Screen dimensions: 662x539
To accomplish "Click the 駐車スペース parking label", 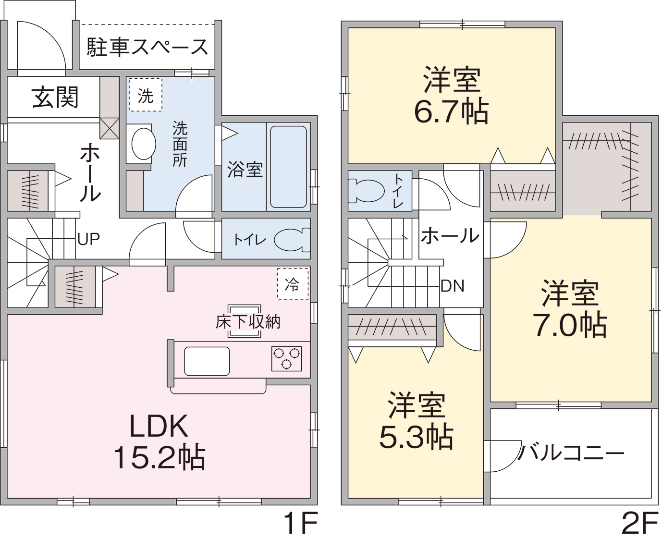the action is (x=147, y=47).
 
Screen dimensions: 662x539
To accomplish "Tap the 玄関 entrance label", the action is (x=55, y=98).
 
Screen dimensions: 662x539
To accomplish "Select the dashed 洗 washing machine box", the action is (x=146, y=95).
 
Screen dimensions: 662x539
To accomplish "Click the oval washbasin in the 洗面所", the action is (x=143, y=144).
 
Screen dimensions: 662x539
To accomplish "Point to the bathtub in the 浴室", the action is (x=288, y=167).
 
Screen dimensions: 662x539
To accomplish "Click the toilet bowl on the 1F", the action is (x=292, y=240).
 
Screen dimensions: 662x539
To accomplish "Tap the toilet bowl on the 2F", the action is (x=367, y=191).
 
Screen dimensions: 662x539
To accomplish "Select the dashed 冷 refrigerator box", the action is (x=293, y=284).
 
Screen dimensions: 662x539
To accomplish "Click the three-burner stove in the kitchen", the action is (x=286, y=358).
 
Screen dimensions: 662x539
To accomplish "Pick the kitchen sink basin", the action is (x=207, y=361).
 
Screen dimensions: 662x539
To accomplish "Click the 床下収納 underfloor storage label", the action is (x=248, y=322).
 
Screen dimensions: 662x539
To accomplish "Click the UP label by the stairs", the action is (x=88, y=239).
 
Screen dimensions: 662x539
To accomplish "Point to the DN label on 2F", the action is (x=453, y=286).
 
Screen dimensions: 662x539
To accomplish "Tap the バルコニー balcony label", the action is (x=571, y=453).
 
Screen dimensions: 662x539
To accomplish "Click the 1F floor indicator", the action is (x=300, y=523).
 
